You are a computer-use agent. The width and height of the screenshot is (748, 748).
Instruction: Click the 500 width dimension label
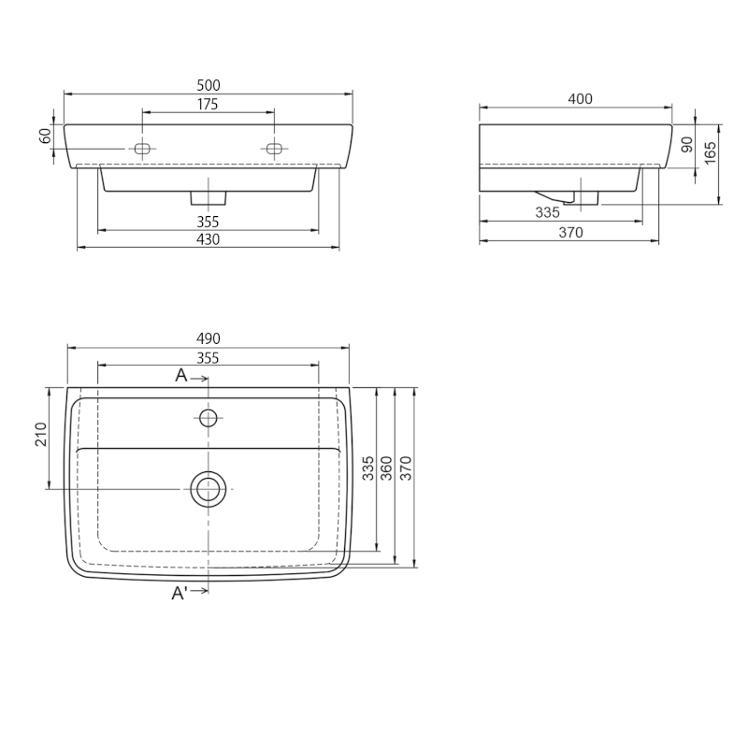pos(209,85)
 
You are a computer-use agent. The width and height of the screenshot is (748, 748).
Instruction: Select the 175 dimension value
pos(208,104)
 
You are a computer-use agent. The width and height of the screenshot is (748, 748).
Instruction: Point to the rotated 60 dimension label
pos(45,136)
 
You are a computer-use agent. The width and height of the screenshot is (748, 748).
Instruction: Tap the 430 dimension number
pos(209,239)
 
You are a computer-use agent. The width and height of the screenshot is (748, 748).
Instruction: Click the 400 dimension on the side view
pos(580,99)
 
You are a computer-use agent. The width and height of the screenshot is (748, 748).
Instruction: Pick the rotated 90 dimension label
pos(687,145)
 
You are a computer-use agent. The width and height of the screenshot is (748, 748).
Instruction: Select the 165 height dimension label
pos(711,152)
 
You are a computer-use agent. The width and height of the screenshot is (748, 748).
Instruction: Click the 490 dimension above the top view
pos(209,338)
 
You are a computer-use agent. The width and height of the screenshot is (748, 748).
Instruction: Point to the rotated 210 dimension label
pos(41,435)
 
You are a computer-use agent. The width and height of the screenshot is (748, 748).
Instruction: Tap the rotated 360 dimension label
pos(386,468)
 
